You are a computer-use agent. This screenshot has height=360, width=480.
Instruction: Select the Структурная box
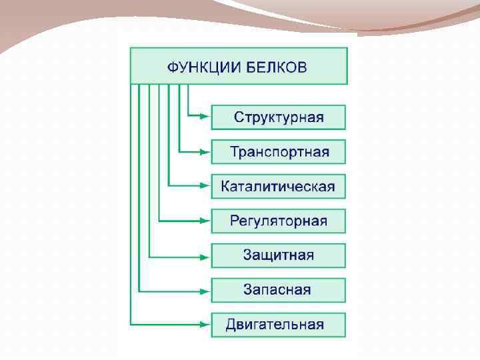click(279, 117)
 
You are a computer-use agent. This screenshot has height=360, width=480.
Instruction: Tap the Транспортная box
click(279, 152)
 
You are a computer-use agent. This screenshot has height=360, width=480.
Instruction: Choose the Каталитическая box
click(279, 187)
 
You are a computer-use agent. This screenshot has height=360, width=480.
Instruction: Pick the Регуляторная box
click(279, 221)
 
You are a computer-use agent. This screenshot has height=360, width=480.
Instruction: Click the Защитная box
click(279, 255)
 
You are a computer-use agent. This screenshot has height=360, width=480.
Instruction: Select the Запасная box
click(279, 290)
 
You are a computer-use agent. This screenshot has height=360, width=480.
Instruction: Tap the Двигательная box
click(279, 325)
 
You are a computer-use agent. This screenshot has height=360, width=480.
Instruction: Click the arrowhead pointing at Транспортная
click(206, 152)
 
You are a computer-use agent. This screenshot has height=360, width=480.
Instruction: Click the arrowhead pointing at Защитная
click(206, 255)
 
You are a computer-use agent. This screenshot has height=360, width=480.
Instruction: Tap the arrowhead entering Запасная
click(206, 290)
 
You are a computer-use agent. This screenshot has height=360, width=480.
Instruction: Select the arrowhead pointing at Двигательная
click(206, 325)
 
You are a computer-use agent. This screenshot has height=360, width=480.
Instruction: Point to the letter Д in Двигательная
click(231, 325)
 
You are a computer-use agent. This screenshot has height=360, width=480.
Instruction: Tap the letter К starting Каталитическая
click(226, 187)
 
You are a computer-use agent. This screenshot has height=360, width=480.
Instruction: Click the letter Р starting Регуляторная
click(235, 221)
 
